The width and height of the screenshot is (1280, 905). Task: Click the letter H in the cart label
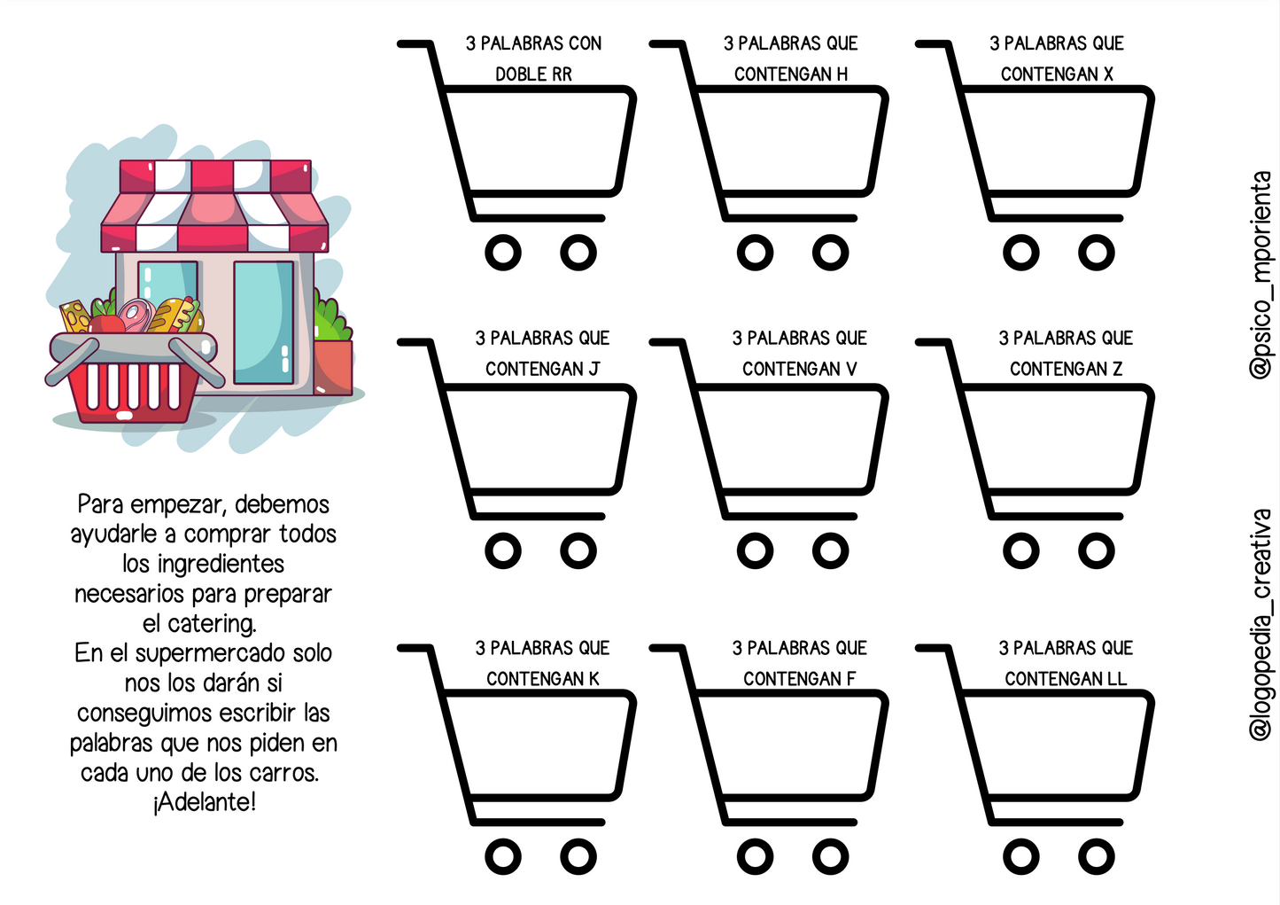842,74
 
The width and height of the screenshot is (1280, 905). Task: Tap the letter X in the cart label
1108,74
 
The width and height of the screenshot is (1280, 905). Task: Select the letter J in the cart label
593,370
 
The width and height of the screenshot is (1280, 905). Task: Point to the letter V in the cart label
851,370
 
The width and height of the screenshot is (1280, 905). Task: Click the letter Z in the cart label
1117,370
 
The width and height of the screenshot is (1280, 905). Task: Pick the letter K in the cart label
593,679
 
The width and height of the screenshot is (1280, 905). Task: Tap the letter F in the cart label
851,679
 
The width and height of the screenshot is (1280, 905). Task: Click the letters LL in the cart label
1117,679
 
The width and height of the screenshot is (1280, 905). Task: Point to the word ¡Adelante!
204,802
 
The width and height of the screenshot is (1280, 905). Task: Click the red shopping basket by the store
134,378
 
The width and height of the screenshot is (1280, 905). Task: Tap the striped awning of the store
215,206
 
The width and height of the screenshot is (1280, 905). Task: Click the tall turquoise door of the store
263,323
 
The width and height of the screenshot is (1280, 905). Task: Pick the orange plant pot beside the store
333,367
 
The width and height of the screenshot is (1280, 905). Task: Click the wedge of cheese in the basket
75,317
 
